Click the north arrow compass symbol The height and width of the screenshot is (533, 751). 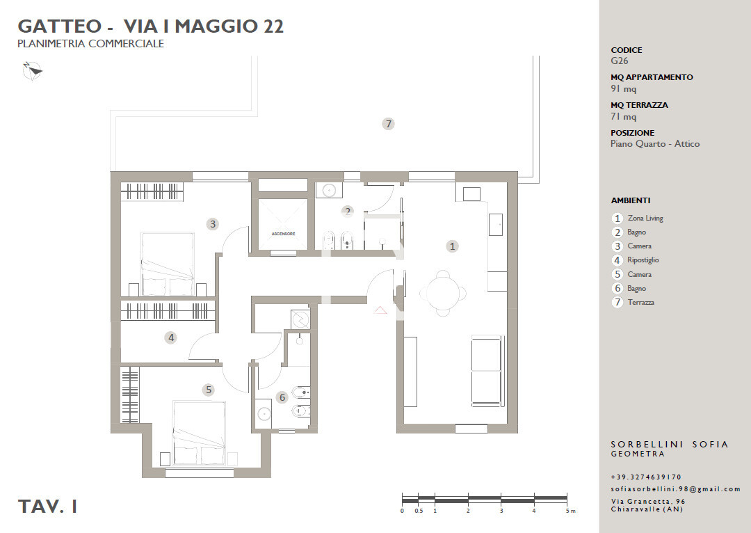point(33,71)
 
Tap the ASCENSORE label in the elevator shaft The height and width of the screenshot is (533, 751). point(283,234)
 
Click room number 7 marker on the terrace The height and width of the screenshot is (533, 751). point(389,124)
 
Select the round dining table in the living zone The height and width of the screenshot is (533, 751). point(443,292)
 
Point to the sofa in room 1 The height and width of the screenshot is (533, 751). point(488,370)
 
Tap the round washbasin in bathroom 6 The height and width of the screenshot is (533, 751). point(263,413)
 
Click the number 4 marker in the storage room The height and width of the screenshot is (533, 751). point(171,338)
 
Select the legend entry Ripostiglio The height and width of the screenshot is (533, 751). point(643,260)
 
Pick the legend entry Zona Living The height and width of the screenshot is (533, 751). point(645,218)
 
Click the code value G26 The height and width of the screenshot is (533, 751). point(620,61)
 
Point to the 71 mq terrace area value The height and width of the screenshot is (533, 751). point(623,116)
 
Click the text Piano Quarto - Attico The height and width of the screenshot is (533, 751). point(655,144)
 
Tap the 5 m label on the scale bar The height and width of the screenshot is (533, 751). point(570,511)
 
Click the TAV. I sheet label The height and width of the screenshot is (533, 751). point(47,506)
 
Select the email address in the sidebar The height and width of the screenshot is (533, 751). point(676,489)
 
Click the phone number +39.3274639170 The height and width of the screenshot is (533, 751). point(646,477)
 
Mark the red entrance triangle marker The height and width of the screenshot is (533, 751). point(380,310)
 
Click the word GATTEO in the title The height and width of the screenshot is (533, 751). point(60,26)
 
